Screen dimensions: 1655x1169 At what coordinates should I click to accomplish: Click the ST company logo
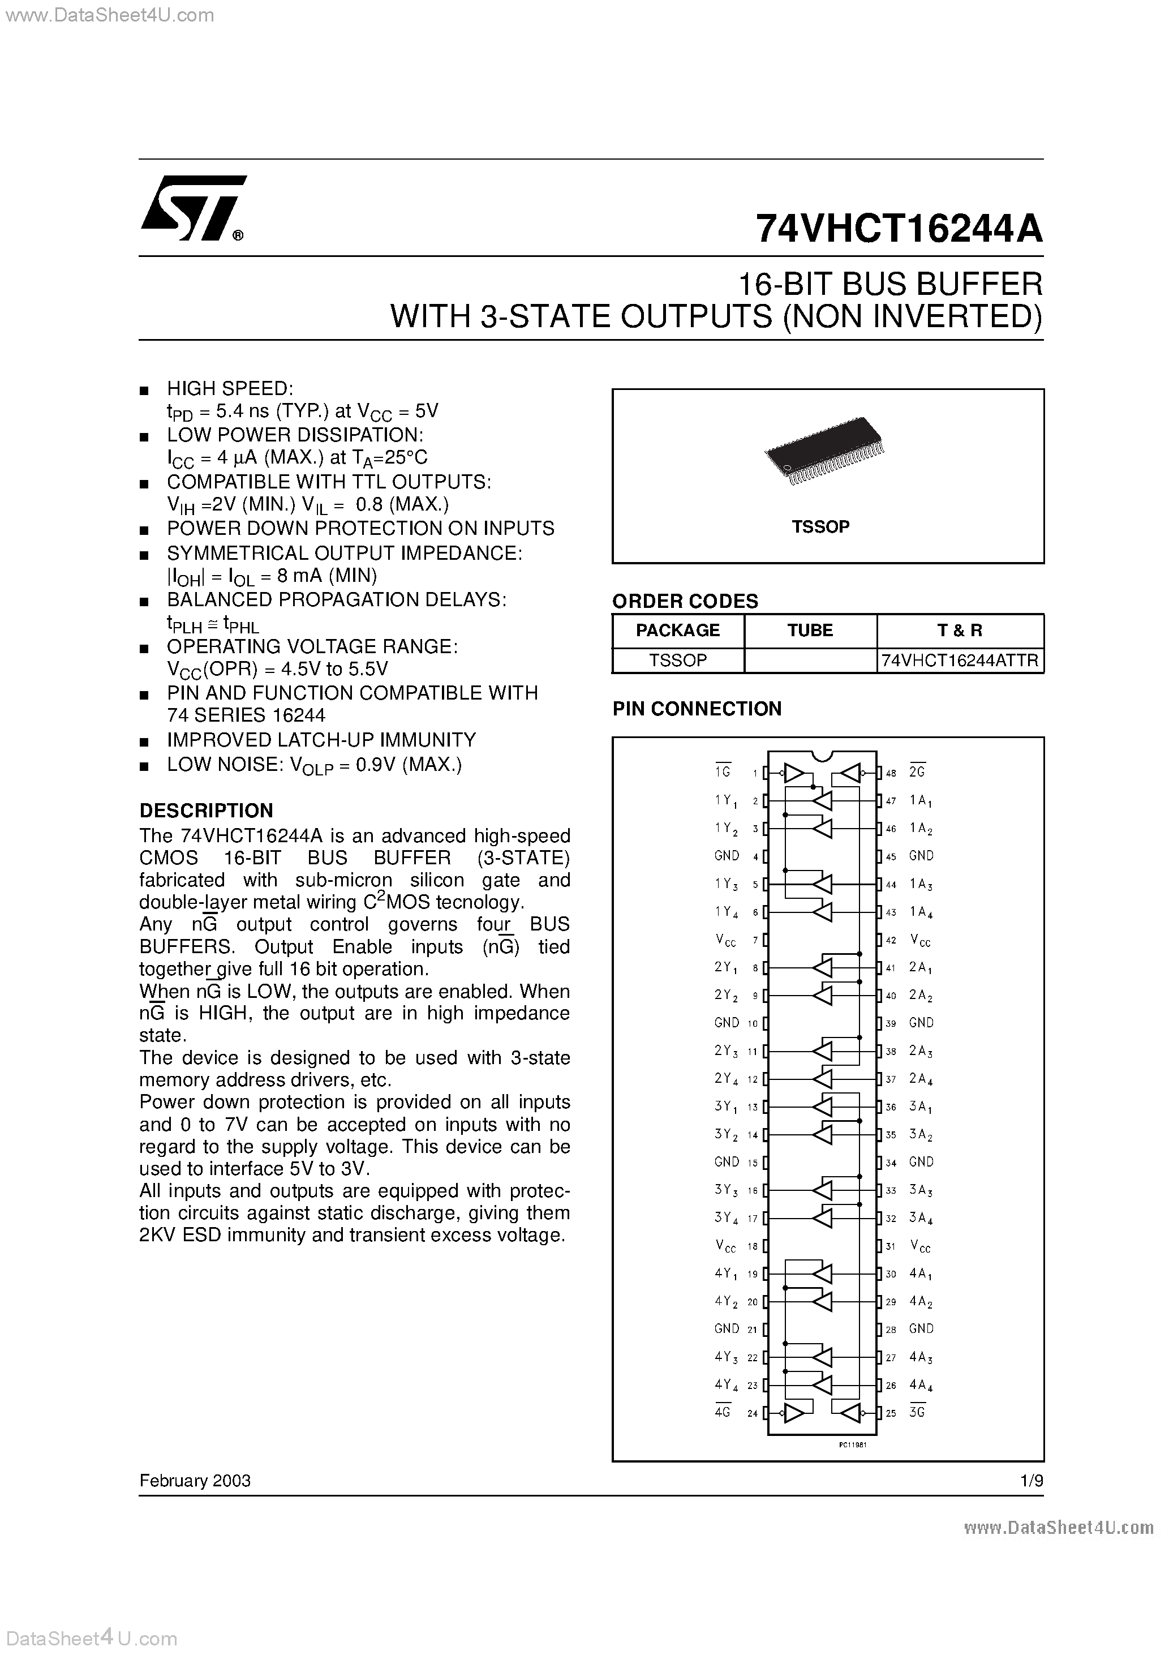point(193,208)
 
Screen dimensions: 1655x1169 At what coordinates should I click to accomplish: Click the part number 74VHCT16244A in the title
point(898,229)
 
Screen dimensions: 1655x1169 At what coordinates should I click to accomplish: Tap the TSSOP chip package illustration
point(824,451)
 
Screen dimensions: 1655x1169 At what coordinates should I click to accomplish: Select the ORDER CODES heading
point(685,601)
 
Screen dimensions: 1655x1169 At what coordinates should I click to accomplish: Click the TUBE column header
point(810,630)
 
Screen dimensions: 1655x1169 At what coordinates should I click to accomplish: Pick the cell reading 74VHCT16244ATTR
point(959,661)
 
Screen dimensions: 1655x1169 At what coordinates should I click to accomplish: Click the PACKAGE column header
point(677,630)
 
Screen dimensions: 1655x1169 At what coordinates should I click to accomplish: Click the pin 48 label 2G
point(917,771)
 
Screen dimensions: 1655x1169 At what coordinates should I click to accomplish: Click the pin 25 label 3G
point(917,1412)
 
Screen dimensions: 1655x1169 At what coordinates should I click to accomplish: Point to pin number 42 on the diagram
point(891,940)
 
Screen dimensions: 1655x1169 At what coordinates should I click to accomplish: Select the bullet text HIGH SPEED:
point(230,388)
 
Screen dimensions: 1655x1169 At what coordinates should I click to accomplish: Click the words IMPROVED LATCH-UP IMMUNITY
point(321,740)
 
